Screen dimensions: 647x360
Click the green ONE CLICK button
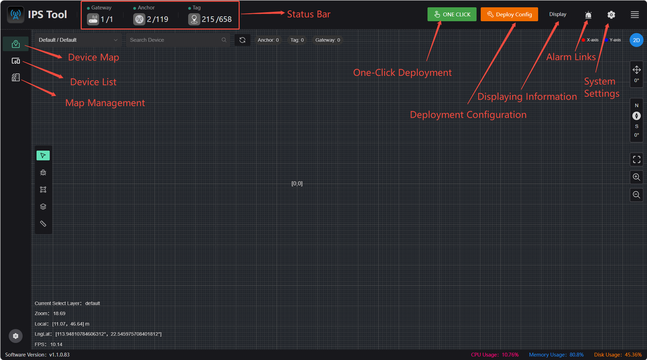(x=452, y=14)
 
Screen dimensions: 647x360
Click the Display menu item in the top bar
(x=558, y=14)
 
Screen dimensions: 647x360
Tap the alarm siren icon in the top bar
(x=588, y=15)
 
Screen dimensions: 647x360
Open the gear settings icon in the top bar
(x=611, y=15)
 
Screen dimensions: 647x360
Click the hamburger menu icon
(x=635, y=15)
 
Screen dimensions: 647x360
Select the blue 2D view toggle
(x=636, y=40)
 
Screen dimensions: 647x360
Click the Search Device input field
(x=178, y=40)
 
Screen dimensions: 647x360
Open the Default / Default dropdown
(x=78, y=40)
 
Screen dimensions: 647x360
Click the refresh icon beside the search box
(x=242, y=40)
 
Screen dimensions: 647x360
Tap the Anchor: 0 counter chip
(x=268, y=40)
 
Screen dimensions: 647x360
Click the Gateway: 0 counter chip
(x=328, y=40)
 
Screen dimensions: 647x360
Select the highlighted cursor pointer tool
(x=43, y=155)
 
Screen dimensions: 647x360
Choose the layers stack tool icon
(x=43, y=207)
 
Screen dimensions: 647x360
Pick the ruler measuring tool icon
(x=43, y=224)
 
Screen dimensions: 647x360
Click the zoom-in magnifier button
(x=637, y=177)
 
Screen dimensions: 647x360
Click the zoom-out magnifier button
(x=637, y=195)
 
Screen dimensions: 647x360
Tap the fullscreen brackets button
(x=637, y=159)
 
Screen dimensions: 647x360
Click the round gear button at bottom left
(x=16, y=336)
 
